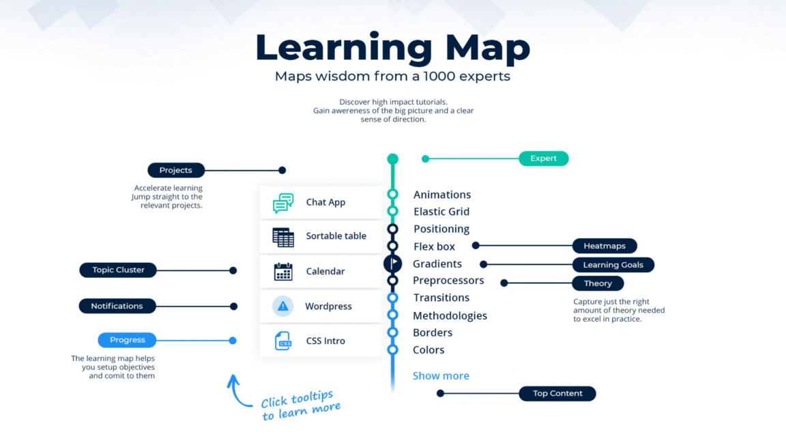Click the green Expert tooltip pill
tap(544, 158)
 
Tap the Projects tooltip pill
tap(176, 170)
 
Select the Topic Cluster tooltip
tap(119, 270)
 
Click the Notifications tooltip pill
tap(117, 306)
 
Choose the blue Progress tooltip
tap(128, 340)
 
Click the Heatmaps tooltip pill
tap(605, 246)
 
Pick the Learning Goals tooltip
tap(613, 265)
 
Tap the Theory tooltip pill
tap(598, 283)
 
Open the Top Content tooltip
tap(557, 393)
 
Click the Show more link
tap(441, 376)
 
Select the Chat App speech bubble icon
tap(283, 203)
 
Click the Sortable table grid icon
tap(283, 237)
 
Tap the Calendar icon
tap(283, 272)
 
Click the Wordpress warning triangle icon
tap(283, 307)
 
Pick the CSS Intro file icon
tap(283, 341)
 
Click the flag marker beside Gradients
tap(393, 264)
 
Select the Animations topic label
tap(442, 195)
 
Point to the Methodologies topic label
tap(450, 315)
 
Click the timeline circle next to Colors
tap(392, 350)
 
